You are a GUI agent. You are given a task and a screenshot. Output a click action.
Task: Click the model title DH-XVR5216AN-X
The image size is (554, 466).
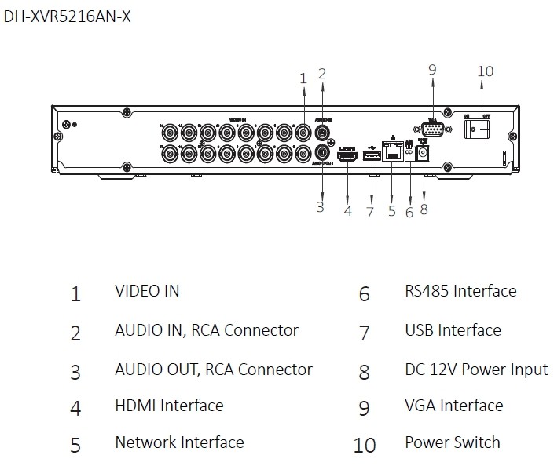(67, 16)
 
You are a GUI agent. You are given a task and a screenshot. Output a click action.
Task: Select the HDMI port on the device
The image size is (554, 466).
(347, 155)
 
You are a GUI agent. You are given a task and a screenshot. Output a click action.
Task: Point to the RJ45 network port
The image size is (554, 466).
(391, 152)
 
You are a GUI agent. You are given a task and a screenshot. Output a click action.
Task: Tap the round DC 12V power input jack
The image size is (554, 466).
(425, 155)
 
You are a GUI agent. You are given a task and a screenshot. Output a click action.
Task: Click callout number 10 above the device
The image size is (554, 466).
(485, 71)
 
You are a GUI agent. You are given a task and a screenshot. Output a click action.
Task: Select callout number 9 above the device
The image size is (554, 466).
(432, 70)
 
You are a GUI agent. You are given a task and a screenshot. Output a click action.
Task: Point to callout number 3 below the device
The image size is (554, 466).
(321, 207)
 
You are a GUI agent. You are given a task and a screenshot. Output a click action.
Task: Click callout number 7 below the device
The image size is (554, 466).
(369, 212)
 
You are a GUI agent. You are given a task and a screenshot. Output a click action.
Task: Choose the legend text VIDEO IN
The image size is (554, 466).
(147, 291)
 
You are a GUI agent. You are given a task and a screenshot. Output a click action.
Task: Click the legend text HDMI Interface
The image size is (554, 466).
(169, 406)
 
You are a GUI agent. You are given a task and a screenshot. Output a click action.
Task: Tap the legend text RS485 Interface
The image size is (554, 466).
(460, 291)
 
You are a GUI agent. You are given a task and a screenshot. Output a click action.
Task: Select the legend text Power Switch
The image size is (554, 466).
(452, 442)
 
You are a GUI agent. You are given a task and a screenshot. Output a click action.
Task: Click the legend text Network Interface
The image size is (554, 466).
(179, 442)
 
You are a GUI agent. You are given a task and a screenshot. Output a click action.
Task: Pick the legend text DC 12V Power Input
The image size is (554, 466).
(476, 369)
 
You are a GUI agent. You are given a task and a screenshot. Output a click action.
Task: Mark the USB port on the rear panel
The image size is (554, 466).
(372, 155)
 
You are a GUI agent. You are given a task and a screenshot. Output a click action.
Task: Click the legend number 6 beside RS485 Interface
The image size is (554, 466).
(364, 294)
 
